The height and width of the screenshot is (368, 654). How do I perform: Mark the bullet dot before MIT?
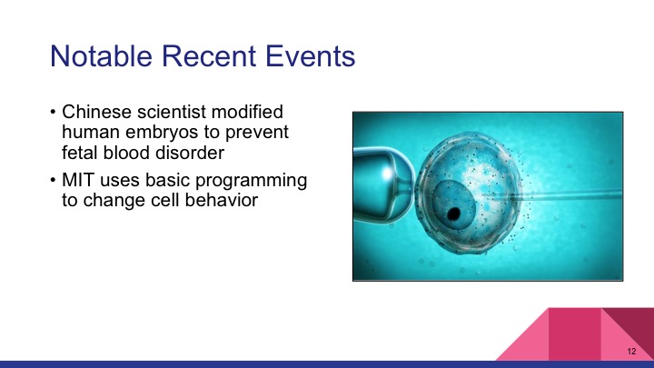[x=54, y=181]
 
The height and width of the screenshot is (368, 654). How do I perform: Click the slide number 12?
[x=631, y=351]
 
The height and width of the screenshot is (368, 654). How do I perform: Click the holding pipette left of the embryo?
[x=381, y=182]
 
